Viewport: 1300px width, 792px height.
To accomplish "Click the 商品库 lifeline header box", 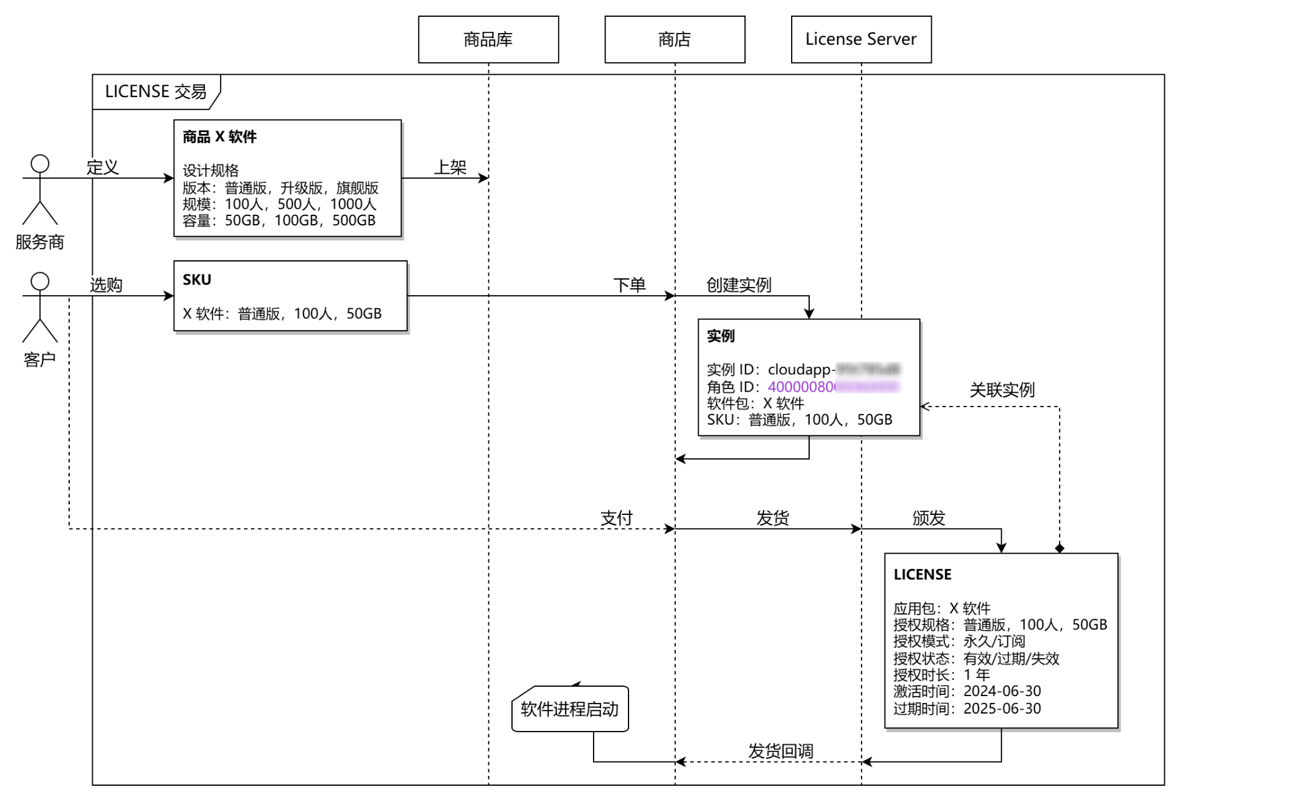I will (x=488, y=39).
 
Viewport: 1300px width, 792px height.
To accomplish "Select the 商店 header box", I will (x=675, y=39).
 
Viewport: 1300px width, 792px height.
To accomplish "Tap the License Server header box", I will (x=861, y=39).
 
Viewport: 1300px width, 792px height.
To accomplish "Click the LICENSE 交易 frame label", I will (x=156, y=92).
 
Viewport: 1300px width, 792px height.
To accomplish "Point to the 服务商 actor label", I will (x=40, y=242).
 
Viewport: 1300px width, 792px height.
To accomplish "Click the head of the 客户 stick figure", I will (x=40, y=281).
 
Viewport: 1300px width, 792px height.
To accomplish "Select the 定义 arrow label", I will (x=103, y=167).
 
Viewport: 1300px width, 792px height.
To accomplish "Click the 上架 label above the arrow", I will (x=450, y=167).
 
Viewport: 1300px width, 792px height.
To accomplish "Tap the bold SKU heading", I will (x=197, y=280).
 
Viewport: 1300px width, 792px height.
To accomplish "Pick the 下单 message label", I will (x=629, y=285).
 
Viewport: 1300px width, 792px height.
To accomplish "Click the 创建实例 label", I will (x=739, y=285).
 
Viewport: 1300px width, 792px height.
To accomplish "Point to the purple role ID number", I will (x=802, y=387).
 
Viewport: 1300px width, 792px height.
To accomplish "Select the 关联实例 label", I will (x=1002, y=390).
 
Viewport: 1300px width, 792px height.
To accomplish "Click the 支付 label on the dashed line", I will (x=617, y=518).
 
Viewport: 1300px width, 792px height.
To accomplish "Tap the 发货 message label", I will (x=772, y=518).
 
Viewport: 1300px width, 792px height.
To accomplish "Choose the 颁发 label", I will (x=929, y=518).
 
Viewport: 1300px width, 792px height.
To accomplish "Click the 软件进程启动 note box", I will (x=570, y=709).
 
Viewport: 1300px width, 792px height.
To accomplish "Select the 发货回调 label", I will (x=780, y=751).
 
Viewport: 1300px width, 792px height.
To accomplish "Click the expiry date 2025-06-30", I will (x=1002, y=709).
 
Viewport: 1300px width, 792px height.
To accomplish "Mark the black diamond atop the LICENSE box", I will (x=1060, y=548).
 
